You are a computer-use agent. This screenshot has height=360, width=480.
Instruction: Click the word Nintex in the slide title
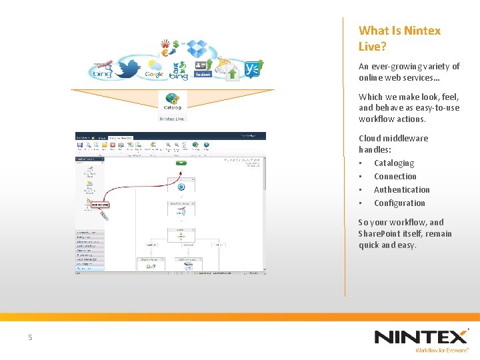(x=422, y=31)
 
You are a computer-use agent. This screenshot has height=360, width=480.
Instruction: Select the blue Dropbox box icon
(x=197, y=48)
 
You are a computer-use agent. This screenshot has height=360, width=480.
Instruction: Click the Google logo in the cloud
(x=155, y=75)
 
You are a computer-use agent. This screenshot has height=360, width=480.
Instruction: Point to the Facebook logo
(x=203, y=75)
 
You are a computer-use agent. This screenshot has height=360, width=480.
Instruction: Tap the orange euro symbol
(x=165, y=51)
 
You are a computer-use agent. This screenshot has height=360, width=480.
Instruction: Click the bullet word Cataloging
(x=393, y=163)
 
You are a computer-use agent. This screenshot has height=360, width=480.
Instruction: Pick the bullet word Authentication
(x=401, y=190)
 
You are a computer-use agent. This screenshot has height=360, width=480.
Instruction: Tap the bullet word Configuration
(x=399, y=203)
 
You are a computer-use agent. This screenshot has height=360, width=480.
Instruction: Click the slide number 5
(x=30, y=338)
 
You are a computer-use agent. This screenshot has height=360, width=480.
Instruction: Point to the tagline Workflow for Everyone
(x=442, y=350)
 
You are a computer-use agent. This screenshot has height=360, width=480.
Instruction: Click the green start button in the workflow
(x=181, y=163)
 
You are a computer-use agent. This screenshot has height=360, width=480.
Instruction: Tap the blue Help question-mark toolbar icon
(x=207, y=145)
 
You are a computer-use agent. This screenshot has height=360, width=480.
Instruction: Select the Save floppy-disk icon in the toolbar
(x=80, y=145)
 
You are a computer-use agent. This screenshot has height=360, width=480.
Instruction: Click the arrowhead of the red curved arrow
(x=179, y=176)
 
